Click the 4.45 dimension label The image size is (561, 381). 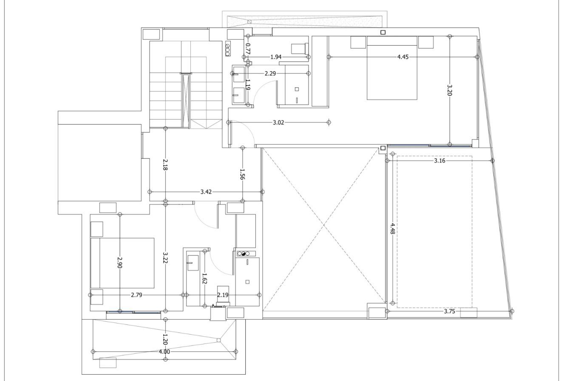coord(402,57)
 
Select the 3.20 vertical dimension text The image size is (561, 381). coord(450,90)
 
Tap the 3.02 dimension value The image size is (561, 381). coord(278,123)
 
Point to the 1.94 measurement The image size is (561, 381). coord(276,57)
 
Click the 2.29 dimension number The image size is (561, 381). coord(270,73)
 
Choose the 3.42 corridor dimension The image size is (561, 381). coord(206,192)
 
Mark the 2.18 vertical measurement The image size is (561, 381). coord(165,165)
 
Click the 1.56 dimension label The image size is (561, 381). coord(242,175)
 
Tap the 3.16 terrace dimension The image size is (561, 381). coord(439,161)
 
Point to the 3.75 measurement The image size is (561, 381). coord(449,311)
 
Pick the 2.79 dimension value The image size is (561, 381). coord(136,295)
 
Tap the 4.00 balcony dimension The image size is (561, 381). coord(164,352)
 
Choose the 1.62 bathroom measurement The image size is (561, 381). coord(204,279)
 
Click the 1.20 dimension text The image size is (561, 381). coord(165,339)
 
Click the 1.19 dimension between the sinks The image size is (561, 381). coord(248,85)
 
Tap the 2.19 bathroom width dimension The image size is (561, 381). coord(223,295)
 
